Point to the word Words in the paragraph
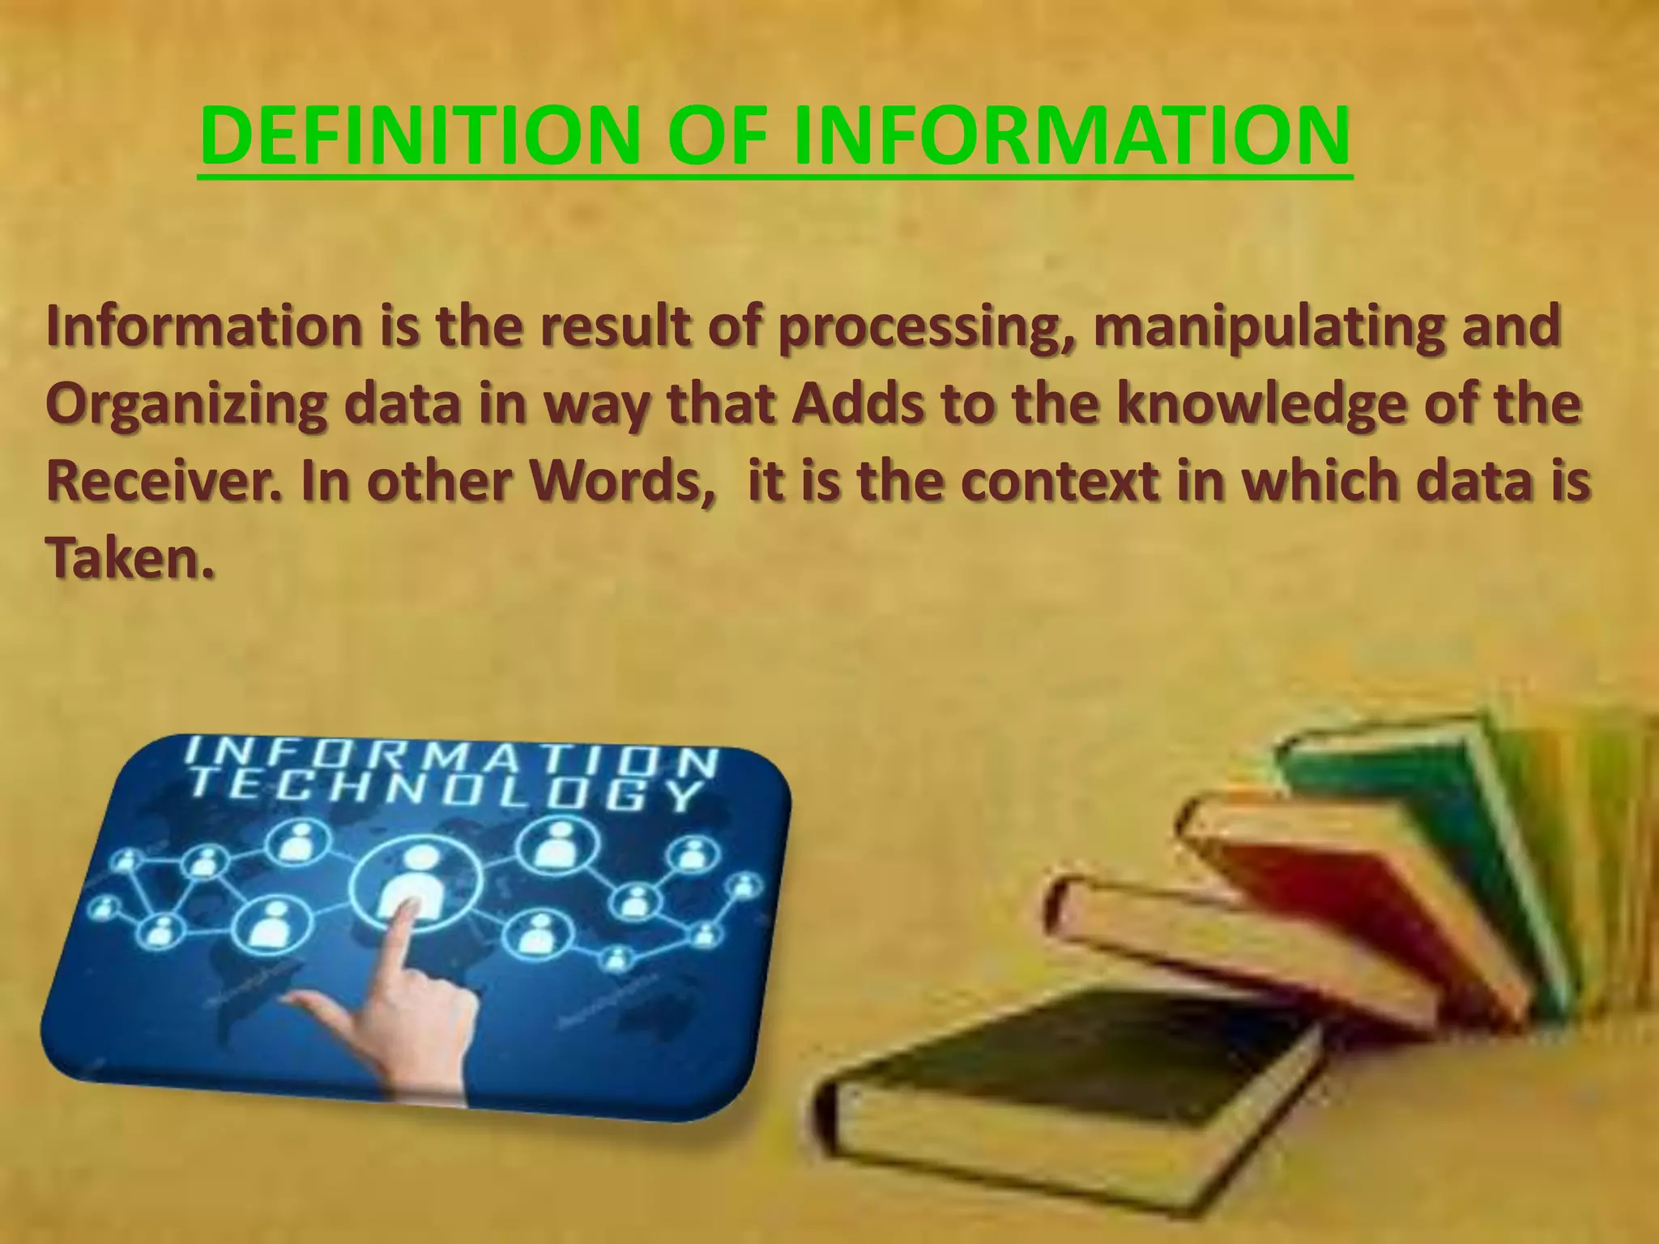(621, 481)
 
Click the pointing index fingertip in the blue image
(407, 914)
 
